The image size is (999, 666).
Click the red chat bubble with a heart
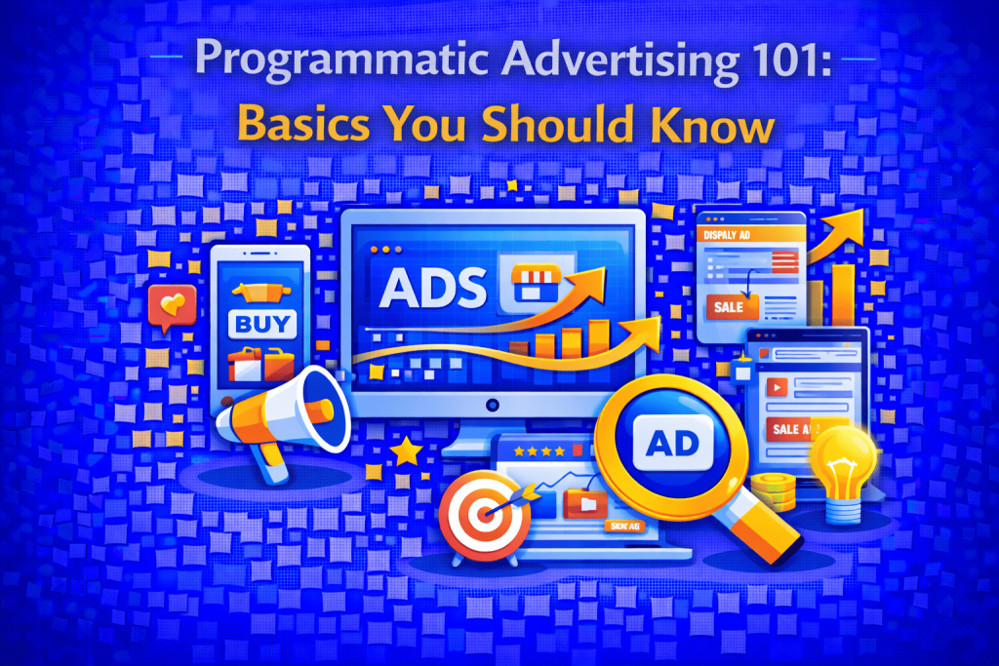click(x=173, y=305)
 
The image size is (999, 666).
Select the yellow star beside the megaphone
click(x=405, y=451)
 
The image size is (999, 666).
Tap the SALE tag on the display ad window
click(x=728, y=306)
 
